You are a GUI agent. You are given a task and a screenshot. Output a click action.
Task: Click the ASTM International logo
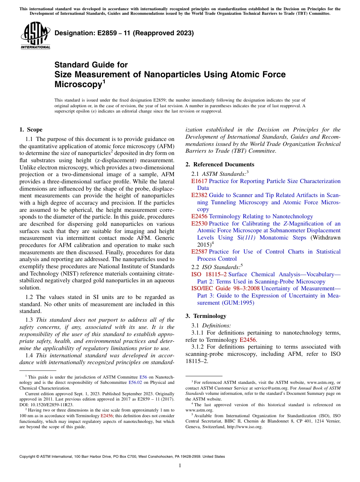[x=35, y=36]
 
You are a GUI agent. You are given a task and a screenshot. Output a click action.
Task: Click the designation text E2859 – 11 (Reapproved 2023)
[x=124, y=33]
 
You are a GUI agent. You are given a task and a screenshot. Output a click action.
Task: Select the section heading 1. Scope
[x=31, y=130]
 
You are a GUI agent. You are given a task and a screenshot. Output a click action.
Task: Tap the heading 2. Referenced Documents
[x=220, y=164]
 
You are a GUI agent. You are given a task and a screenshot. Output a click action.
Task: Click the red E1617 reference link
[x=199, y=181]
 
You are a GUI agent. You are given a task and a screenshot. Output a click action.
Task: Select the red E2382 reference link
[x=199, y=195]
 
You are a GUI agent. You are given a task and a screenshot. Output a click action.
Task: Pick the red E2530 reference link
[x=199, y=224]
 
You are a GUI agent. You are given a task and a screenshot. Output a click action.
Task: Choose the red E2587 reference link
[x=199, y=252]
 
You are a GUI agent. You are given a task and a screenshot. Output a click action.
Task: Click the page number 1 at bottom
[x=180, y=466]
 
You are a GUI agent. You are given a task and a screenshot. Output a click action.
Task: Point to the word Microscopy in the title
[x=78, y=85]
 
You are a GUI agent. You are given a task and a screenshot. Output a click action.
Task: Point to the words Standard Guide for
[x=91, y=65]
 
